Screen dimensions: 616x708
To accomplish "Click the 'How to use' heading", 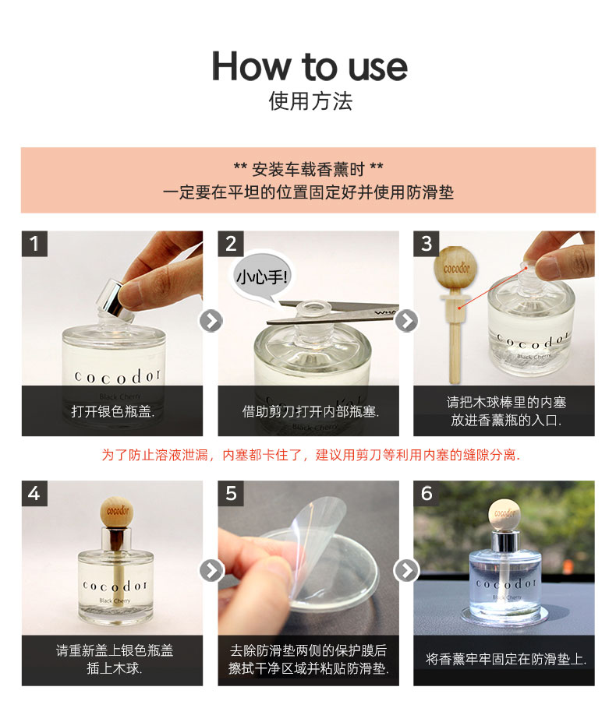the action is (x=310, y=67).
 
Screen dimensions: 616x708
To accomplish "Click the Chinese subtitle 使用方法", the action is (x=310, y=100).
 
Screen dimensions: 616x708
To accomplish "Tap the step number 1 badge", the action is (x=34, y=244).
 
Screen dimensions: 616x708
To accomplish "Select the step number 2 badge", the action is (x=231, y=244).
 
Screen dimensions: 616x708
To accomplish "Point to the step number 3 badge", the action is (x=427, y=244).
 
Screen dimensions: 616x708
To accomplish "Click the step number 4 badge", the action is (x=34, y=494).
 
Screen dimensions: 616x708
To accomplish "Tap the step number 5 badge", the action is (x=231, y=494).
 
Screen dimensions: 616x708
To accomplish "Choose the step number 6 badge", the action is (x=427, y=494).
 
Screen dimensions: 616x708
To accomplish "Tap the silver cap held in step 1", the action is (x=115, y=298).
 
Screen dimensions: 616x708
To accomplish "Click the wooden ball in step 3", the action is (x=455, y=268).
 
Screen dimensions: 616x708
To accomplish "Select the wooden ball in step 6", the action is (x=504, y=514).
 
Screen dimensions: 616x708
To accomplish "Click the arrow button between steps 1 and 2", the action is (x=211, y=321).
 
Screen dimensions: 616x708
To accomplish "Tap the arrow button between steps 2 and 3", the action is (x=407, y=321).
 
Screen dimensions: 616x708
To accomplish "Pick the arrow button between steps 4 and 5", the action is (x=211, y=571).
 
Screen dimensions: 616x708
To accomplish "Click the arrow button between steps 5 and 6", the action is (x=407, y=571).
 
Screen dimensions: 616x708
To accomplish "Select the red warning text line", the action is (x=310, y=455).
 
